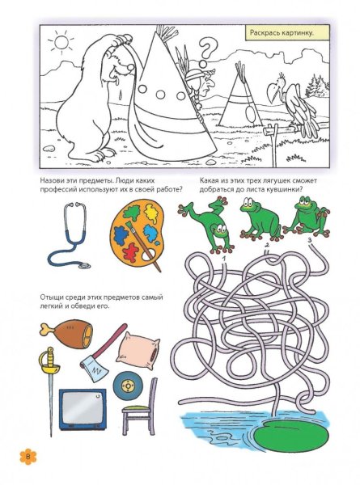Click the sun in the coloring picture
pos(61,42)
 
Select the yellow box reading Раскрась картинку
pos(282,33)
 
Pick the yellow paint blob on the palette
pos(151,213)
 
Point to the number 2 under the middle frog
pos(267,245)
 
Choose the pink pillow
pos(138,351)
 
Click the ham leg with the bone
pos(67,334)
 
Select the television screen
pos(82,408)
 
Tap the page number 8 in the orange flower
pos(28,457)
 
